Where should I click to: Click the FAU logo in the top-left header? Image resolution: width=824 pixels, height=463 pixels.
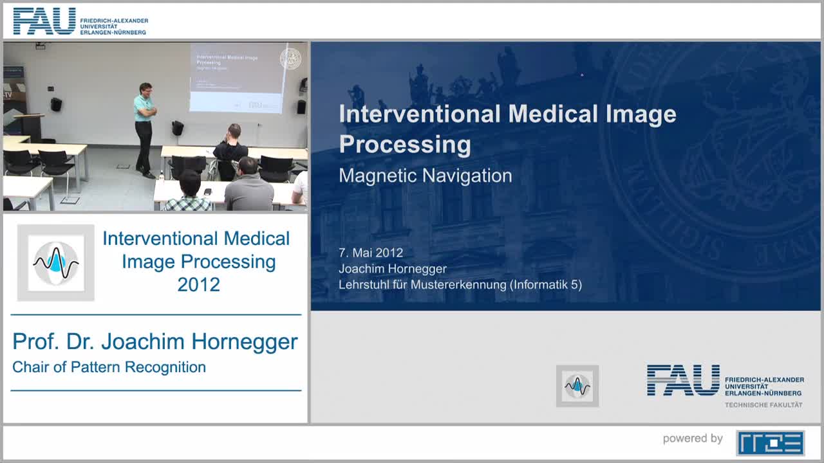point(44,21)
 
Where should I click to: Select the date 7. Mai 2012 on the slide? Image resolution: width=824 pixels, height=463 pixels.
point(371,253)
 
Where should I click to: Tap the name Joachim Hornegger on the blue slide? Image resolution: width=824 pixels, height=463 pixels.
point(392,269)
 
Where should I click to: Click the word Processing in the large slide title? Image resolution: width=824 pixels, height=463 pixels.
point(404,145)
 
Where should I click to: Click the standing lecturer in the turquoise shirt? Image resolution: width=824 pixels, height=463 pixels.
point(145,125)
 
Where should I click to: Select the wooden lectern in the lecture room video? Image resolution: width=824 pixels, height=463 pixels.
point(28,125)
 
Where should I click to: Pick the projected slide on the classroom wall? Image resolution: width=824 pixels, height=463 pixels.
point(237,77)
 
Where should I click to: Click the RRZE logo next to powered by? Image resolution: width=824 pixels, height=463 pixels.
point(770,442)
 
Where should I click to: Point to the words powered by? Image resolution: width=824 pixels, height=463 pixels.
point(693,439)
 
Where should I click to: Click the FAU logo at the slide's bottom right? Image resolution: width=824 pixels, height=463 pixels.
point(684,380)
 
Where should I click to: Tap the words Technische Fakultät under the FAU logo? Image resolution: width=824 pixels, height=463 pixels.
point(763,404)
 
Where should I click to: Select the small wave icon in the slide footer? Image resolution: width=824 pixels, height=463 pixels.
point(577,386)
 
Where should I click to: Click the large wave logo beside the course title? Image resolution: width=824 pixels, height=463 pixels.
point(56,263)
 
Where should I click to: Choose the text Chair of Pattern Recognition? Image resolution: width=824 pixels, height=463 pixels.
point(109,367)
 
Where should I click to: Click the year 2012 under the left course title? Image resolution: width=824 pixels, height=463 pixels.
point(198,284)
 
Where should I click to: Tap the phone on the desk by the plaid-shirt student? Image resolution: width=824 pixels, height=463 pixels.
point(207,191)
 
